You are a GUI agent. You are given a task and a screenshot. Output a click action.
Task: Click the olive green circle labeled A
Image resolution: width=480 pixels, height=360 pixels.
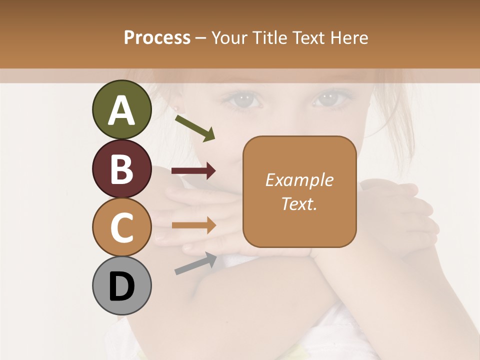click(x=121, y=109)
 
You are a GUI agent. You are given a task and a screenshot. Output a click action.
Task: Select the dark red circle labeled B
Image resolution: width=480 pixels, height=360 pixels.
click(x=121, y=168)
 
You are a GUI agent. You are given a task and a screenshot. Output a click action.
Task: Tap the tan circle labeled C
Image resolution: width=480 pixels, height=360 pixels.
click(x=121, y=227)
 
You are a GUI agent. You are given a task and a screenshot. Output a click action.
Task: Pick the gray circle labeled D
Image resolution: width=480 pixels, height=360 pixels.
click(x=121, y=285)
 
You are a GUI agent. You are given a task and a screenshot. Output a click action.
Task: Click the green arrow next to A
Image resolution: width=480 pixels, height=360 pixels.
click(x=195, y=127)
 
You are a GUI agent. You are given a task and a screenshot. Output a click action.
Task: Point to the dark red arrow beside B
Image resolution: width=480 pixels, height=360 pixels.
click(x=193, y=171)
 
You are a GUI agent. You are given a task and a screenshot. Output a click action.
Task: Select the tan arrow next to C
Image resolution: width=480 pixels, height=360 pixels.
click(x=193, y=225)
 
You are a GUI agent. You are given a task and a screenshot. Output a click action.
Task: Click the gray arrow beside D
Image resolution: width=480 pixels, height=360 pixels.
click(x=195, y=263)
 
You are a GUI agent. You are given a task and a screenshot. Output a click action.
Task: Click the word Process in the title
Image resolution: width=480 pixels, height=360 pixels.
click(x=157, y=37)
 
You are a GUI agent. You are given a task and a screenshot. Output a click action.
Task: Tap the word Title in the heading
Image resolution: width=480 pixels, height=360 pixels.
click(x=270, y=37)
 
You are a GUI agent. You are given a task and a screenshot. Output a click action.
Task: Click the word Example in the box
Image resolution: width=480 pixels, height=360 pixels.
click(x=299, y=180)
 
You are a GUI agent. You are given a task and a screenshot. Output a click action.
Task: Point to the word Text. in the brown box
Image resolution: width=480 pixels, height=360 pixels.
click(x=299, y=203)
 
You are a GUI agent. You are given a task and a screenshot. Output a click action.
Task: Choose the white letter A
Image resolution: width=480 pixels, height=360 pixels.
click(x=121, y=110)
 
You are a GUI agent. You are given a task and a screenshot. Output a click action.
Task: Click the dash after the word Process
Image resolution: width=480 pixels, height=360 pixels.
click(x=201, y=38)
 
